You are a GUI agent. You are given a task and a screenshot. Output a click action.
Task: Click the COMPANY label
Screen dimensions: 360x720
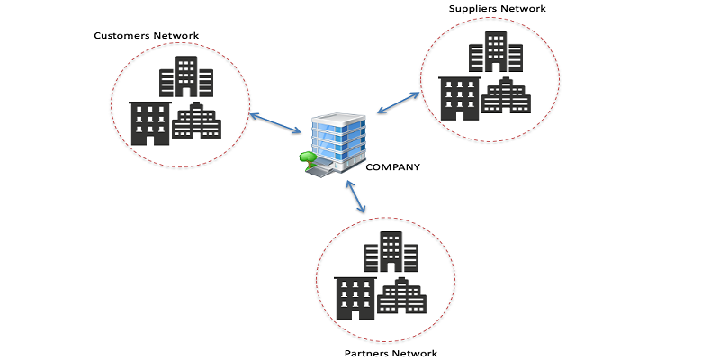pos(392,166)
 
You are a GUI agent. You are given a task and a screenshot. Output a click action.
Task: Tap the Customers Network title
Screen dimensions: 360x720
pos(147,36)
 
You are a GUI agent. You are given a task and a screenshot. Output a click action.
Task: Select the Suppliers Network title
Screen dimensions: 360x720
pos(498,9)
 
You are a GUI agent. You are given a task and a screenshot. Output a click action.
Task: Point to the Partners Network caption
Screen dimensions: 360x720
pos(391,353)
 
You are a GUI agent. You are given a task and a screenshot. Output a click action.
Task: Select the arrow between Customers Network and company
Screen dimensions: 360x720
pos(274,123)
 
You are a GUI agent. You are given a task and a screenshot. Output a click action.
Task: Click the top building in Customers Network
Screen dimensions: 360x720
pos(186,77)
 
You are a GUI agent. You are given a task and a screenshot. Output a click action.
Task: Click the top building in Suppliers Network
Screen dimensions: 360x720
pos(496,52)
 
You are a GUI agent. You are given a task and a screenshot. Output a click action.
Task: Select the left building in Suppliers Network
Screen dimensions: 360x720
pos(459,98)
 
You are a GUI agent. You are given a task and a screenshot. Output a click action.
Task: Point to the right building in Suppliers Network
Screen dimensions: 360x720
pos(505,96)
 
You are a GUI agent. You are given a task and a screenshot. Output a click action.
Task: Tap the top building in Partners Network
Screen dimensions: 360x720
pos(391,252)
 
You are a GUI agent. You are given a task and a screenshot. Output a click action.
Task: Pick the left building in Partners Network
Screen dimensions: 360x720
pos(355,298)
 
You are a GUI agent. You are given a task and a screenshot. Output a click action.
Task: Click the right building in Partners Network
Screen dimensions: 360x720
pos(400,297)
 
